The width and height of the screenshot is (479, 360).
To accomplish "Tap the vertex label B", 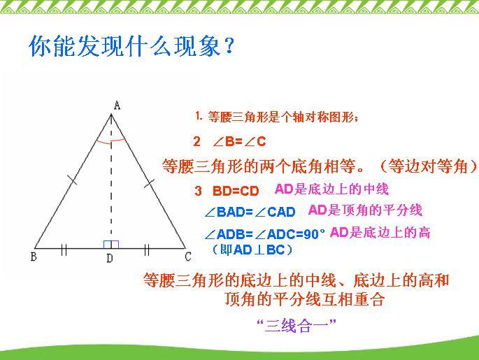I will point(33,257).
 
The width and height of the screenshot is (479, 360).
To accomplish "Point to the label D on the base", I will point(110,259).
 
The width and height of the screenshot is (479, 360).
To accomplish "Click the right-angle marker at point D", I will point(111,244).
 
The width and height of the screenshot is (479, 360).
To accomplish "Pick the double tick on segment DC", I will point(148,247).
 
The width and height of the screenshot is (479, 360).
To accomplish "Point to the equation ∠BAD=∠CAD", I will point(250,212).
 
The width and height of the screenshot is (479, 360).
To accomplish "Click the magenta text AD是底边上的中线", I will point(331,189).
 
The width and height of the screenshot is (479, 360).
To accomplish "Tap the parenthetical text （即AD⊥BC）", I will point(252,249).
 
